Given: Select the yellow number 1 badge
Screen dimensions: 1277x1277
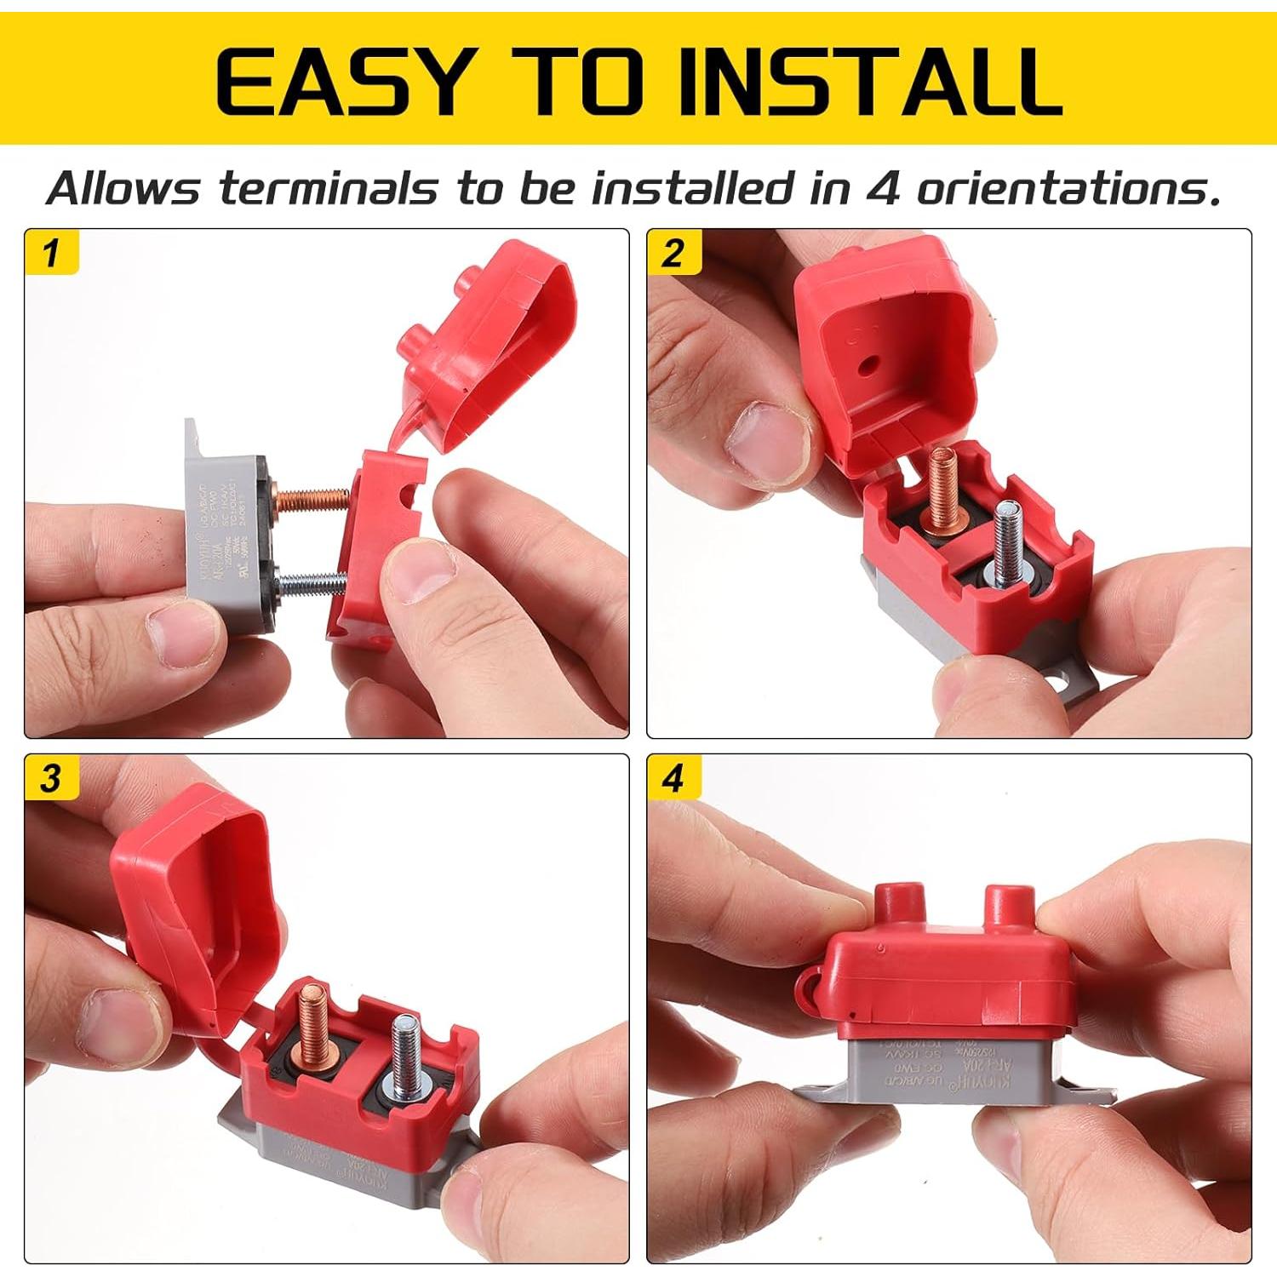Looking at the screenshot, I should click(52, 253).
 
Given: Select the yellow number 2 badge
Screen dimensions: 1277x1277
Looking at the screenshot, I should click(673, 253).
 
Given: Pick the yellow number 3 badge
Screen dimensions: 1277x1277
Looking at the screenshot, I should click(52, 778).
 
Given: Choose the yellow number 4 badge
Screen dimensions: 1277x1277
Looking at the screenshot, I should click(673, 778).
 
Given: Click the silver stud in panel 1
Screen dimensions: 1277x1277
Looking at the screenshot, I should click(311, 583).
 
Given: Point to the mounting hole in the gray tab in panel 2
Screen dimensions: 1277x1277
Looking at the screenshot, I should click(1061, 682).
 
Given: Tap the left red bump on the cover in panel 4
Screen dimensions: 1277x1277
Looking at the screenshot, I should click(898, 908).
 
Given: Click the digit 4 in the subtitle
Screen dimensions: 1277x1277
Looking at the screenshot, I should click(885, 188).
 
